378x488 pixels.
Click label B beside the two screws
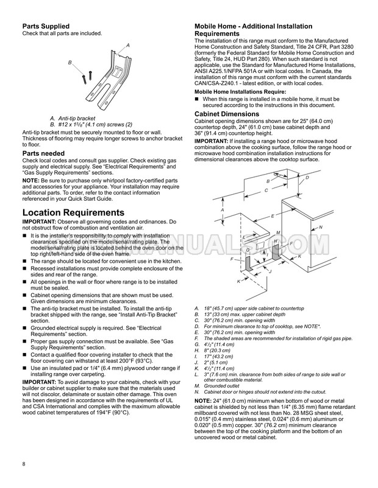[70, 63]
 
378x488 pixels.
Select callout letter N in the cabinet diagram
[321, 227]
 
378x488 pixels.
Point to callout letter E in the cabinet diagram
[272, 216]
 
